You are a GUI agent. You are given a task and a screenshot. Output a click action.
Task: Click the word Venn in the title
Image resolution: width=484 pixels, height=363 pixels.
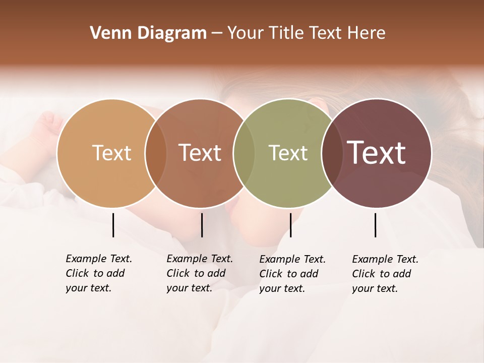pos(104,33)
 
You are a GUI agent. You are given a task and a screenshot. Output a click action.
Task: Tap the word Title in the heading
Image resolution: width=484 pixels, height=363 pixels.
pos(285,33)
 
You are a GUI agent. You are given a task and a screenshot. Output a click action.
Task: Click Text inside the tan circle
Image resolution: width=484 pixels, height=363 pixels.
pos(111,153)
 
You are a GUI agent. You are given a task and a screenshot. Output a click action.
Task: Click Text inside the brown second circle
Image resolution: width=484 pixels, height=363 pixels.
pos(200,153)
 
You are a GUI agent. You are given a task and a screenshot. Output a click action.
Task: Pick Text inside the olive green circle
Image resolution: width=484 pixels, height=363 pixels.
pos(288,153)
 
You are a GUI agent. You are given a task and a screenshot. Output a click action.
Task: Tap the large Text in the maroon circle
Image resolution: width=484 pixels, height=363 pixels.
pos(377,153)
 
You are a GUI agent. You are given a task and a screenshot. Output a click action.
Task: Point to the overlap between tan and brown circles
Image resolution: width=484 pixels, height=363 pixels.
pos(156,153)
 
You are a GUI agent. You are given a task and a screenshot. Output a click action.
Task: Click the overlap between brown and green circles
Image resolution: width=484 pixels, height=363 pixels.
pos(244,153)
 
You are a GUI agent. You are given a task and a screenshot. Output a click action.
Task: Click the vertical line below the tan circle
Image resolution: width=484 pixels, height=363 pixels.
pos(113,225)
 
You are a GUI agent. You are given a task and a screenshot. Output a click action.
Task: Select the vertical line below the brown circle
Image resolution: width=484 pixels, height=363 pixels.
pos(202,225)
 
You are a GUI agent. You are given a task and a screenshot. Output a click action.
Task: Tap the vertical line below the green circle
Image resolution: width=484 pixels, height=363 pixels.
pos(290,225)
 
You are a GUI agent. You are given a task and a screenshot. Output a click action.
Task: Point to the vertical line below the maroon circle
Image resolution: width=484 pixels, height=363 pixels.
pos(375,225)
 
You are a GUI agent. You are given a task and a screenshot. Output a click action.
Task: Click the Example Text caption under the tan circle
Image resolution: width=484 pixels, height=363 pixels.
pos(98,273)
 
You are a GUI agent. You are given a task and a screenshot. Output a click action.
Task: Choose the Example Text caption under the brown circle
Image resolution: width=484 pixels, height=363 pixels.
pos(199,273)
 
